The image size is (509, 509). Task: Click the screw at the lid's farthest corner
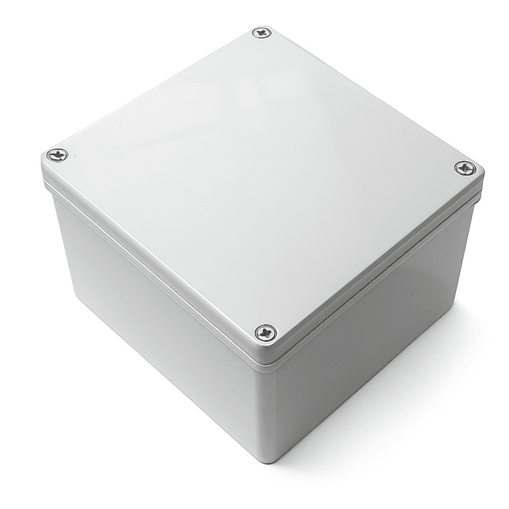tap(262, 33)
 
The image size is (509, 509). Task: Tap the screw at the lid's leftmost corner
tap(57, 154)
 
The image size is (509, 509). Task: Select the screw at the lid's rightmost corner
tap(464, 168)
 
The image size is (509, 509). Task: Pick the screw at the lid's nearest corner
tap(265, 331)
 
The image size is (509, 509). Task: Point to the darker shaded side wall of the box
tap(368, 340)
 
